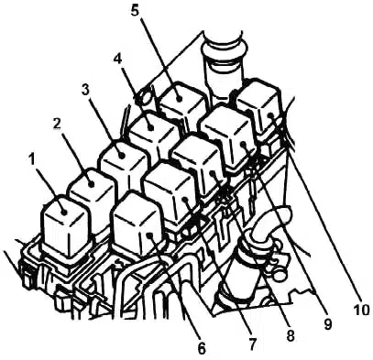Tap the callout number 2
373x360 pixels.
(x=56, y=124)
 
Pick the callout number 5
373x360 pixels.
(x=136, y=10)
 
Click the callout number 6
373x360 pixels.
(x=201, y=348)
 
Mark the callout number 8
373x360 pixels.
(x=290, y=335)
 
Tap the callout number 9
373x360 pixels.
(x=327, y=324)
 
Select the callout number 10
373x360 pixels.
(x=360, y=310)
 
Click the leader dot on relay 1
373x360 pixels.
(x=64, y=212)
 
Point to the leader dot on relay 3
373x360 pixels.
(x=122, y=155)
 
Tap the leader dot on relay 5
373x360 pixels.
(x=179, y=98)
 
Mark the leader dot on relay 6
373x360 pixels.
(x=149, y=235)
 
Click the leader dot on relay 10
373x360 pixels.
(x=270, y=115)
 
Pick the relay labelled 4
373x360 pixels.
(x=153, y=135)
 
